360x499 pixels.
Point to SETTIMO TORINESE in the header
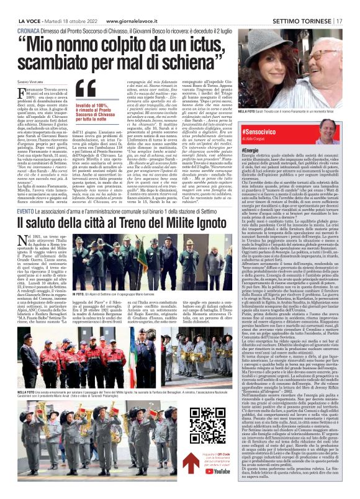click(300, 20)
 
